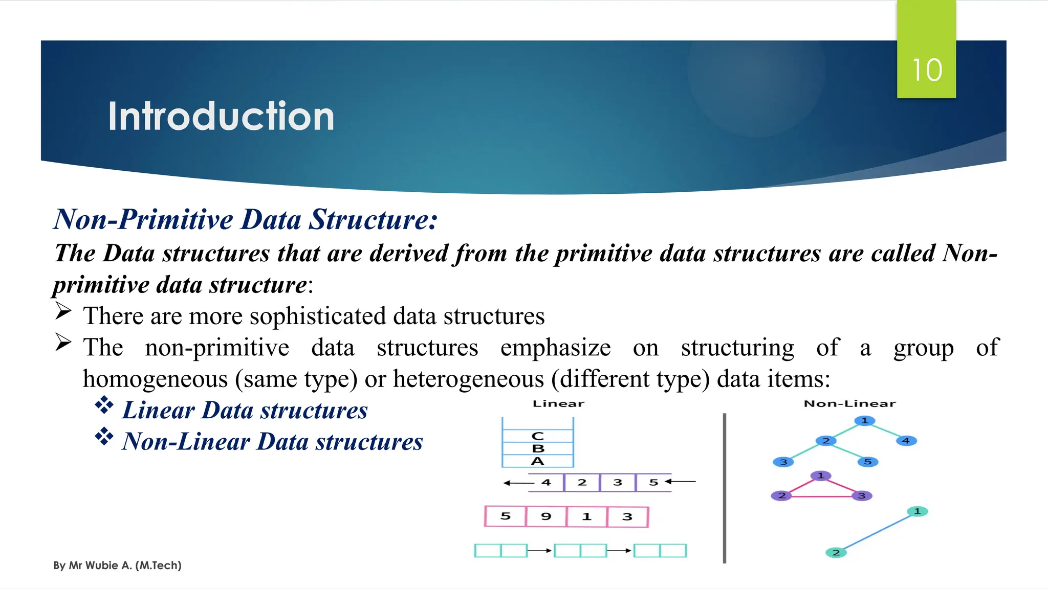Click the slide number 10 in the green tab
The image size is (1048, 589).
(927, 70)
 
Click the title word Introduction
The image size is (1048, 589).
(221, 117)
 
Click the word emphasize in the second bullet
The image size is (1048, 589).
(555, 348)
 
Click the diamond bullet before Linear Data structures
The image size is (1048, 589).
(104, 405)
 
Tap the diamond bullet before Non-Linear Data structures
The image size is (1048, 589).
(104, 436)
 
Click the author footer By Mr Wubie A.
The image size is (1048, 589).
(117, 565)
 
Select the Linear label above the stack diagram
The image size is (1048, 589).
(558, 404)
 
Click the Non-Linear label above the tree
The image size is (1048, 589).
(849, 404)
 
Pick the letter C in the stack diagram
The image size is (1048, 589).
(538, 436)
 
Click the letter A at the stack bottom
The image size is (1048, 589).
(538, 461)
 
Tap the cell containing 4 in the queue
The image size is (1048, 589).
(547, 483)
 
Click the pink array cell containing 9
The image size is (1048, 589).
(546, 516)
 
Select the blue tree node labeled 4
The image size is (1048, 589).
(906, 441)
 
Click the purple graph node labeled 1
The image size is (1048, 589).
(821, 476)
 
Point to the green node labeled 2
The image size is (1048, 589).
(836, 553)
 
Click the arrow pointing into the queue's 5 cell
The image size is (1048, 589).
(681, 482)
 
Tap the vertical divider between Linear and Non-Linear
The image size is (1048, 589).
(725, 488)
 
